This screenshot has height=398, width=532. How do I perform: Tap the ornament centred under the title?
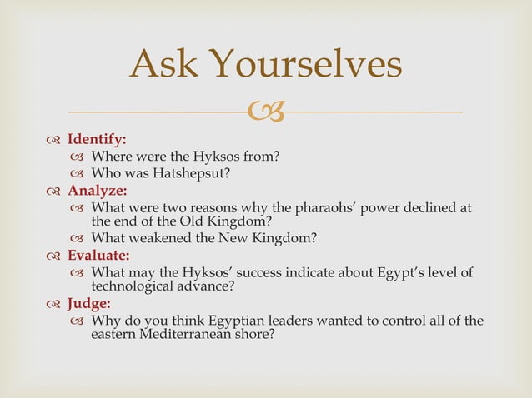point(266,111)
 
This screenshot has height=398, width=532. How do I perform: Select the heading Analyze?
point(98,191)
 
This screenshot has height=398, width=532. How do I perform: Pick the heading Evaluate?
point(98,256)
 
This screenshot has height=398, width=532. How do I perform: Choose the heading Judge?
point(89,304)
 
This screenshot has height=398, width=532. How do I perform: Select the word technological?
point(134,286)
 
